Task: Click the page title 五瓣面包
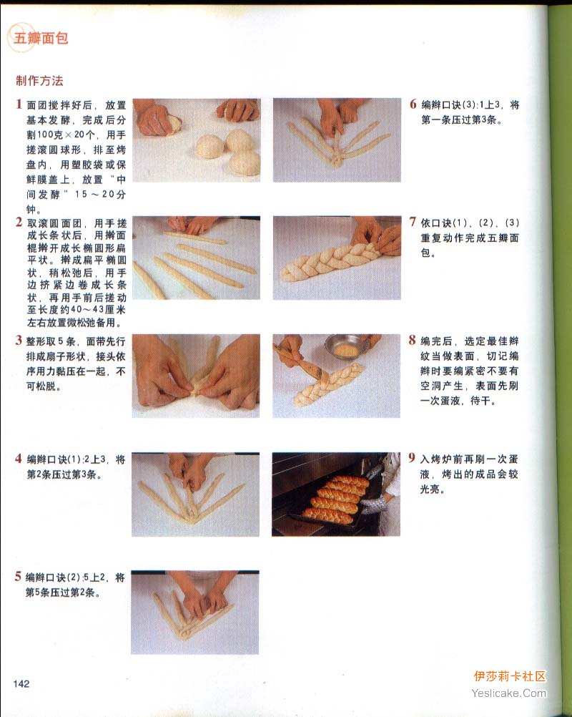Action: tap(41, 38)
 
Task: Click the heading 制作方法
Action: tap(40, 81)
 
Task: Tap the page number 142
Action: tap(21, 683)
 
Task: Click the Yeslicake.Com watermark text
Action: tap(509, 693)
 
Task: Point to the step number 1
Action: tap(19, 104)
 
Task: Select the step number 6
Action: tap(413, 104)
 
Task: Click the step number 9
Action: tap(412, 458)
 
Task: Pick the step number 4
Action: tap(19, 459)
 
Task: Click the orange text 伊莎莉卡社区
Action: tap(510, 676)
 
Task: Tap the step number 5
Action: tap(18, 576)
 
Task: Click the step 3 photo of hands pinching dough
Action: tap(196, 376)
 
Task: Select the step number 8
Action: tap(413, 340)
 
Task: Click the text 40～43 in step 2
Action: tap(85, 310)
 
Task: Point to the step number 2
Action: tap(19, 223)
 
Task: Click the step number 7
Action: tap(413, 223)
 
